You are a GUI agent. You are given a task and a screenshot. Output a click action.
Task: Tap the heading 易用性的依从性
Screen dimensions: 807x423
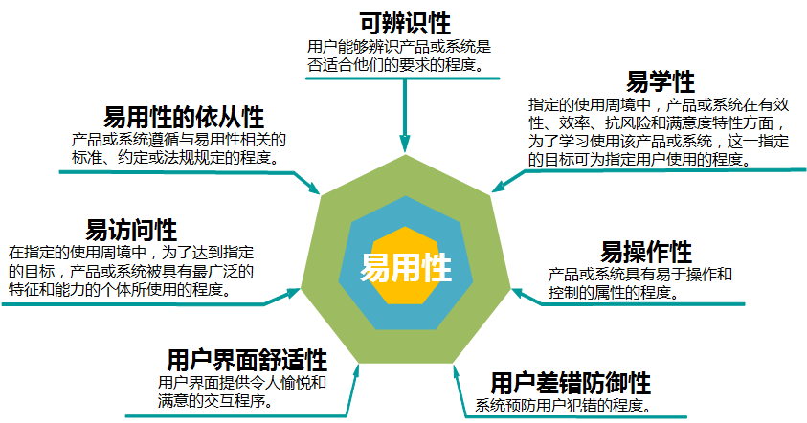tap(184, 118)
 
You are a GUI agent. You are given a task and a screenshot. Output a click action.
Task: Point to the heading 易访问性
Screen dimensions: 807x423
tap(131, 231)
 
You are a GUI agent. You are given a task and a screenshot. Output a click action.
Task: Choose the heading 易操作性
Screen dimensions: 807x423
tap(645, 253)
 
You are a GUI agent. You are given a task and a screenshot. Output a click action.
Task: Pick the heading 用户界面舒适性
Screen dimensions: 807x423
tap(246, 360)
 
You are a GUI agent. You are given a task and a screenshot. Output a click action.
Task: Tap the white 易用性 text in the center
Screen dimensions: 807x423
tap(405, 267)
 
